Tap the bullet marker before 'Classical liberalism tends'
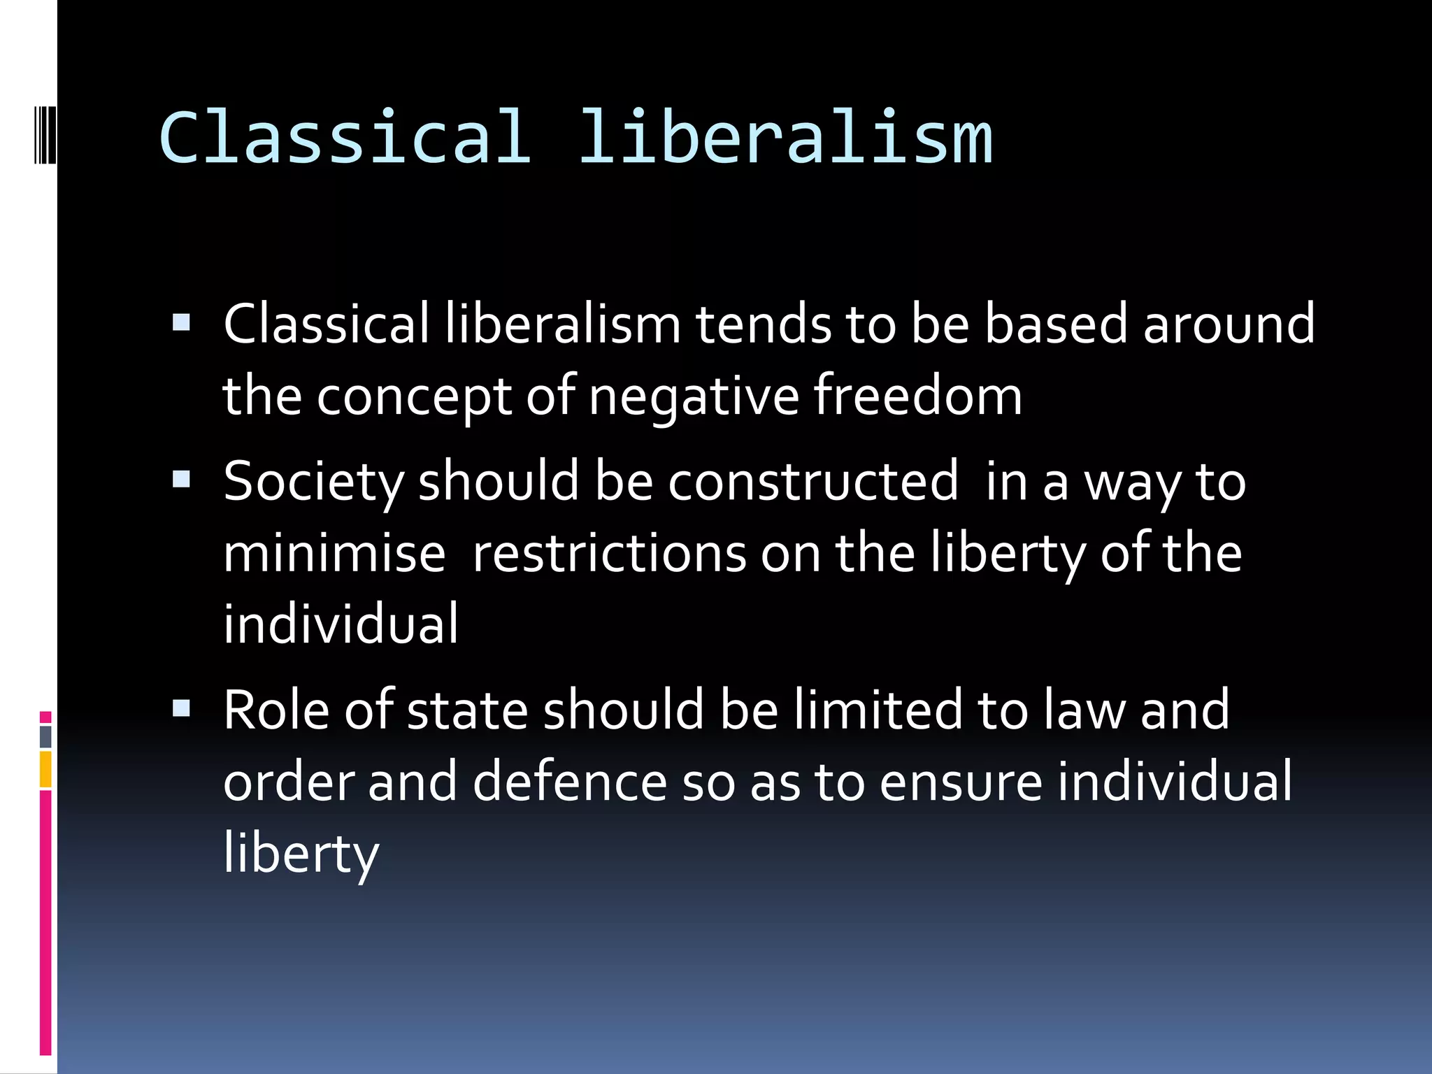pos(181,322)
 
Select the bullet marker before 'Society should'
pos(181,480)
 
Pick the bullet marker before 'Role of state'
pos(181,709)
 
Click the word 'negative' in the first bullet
pos(693,396)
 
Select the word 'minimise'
pos(334,553)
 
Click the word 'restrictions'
pos(609,553)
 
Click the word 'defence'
pos(570,782)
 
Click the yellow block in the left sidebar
pos(45,768)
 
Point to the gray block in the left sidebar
pos(45,736)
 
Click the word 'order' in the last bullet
pos(288,782)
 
